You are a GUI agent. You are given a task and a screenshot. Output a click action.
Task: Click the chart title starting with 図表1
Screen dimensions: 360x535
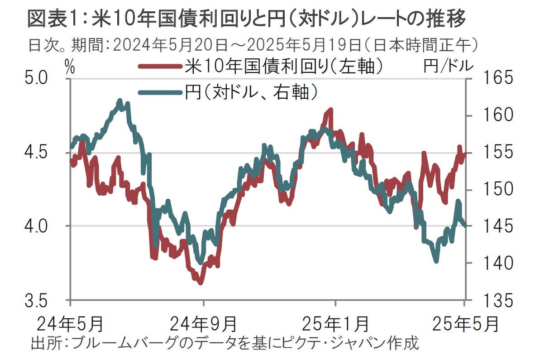pyautogui.click(x=246, y=19)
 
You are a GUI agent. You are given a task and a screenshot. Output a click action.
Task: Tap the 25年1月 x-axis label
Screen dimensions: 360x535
pyautogui.click(x=335, y=324)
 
